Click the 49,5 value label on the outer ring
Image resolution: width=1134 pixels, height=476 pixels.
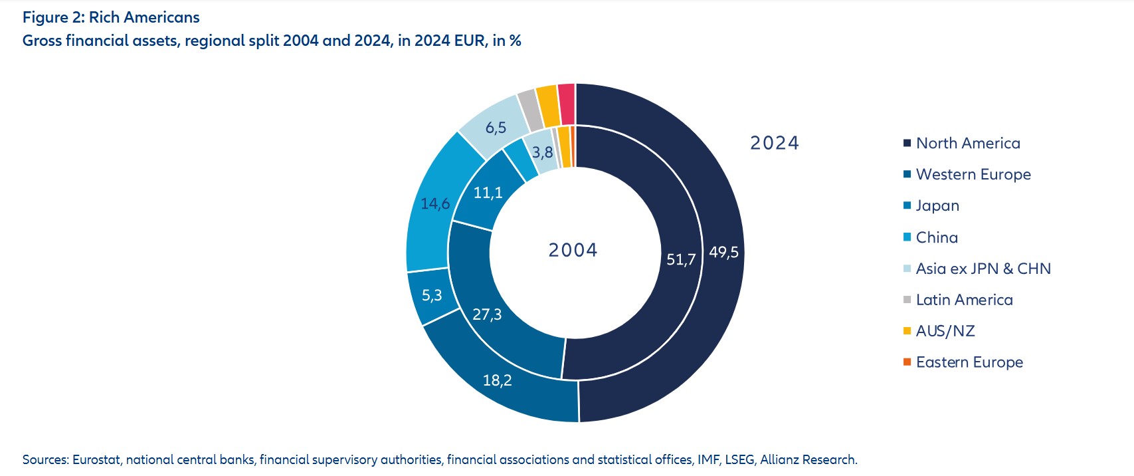pos(723,253)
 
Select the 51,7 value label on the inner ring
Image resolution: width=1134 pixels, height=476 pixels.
pos(681,259)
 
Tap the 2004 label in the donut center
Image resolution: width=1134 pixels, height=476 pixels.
pos(573,250)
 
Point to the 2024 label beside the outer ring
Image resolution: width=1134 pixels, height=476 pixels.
pos(775,143)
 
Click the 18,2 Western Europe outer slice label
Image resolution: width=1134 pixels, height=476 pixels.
pos(497,380)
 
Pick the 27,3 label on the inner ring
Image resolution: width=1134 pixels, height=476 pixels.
pos(487,314)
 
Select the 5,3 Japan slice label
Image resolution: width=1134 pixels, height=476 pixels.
pos(432,295)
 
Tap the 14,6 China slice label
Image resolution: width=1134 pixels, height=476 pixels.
pos(435,203)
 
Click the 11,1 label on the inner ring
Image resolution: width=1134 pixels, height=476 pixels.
pos(488,193)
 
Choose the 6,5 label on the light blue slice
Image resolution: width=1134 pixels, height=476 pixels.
pos(496,128)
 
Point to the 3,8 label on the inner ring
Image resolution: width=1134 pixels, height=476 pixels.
pos(542,152)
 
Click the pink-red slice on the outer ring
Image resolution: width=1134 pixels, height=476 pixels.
pos(567,104)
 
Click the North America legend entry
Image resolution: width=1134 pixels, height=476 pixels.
pos(967,144)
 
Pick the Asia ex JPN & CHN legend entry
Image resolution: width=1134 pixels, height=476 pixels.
pos(983,269)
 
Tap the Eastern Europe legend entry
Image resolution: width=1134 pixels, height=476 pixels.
pos(969,362)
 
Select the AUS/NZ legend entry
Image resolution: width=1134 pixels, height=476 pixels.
pos(945,331)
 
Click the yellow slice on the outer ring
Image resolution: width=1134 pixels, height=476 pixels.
pos(548,106)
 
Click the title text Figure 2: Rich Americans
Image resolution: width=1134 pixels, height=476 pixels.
pos(111,17)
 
